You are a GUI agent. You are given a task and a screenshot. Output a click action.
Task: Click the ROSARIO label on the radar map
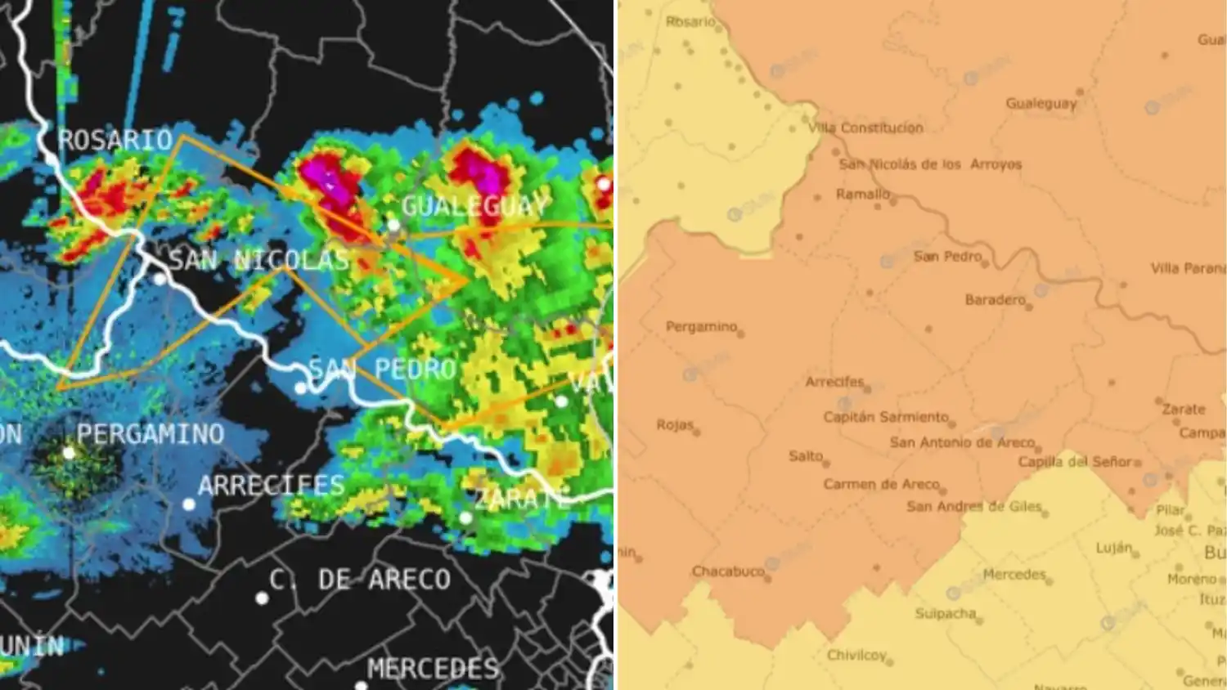click(115, 140)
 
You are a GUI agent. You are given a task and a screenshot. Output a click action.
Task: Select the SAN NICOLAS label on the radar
click(259, 261)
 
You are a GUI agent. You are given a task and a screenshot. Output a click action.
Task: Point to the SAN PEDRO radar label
click(382, 370)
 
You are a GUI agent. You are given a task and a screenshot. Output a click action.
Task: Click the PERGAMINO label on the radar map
click(150, 433)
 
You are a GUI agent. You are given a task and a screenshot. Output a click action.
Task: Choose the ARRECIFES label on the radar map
click(272, 486)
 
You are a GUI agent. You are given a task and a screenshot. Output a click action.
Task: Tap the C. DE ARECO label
click(360, 580)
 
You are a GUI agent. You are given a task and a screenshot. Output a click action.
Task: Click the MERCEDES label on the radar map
click(433, 669)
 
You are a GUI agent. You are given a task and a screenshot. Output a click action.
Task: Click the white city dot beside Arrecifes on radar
click(189, 504)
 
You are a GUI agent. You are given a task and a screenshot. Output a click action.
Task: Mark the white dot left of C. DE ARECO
click(262, 598)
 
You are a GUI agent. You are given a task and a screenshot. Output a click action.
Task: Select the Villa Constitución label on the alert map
click(865, 128)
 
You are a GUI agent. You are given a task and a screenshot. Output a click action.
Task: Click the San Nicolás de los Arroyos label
click(930, 164)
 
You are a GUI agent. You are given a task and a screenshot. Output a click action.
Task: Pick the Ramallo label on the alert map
click(862, 194)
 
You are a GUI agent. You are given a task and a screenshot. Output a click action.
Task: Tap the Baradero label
click(995, 300)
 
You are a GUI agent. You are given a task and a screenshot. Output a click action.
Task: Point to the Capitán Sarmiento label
click(886, 417)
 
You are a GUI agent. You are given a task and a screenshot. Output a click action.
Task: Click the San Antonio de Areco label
click(962, 442)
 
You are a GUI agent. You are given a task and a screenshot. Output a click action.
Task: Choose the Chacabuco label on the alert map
click(728, 571)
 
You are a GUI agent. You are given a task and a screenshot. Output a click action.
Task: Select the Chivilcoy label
click(856, 655)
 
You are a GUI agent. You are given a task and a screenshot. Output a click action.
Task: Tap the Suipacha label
click(946, 613)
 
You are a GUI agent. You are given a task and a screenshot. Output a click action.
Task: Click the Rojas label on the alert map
click(675, 425)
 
